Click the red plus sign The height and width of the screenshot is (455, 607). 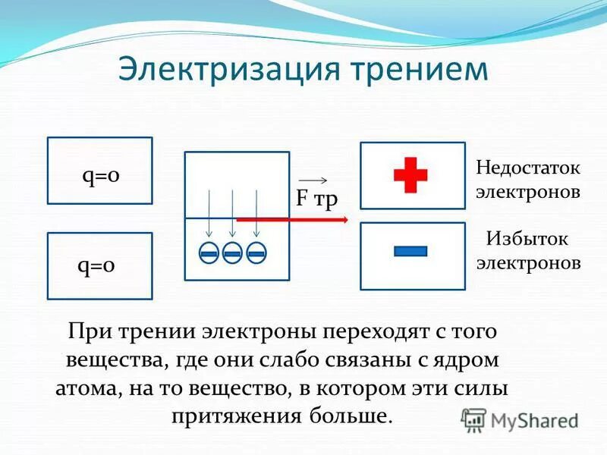pyautogui.click(x=410, y=175)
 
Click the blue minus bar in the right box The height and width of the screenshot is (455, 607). pyautogui.click(x=410, y=251)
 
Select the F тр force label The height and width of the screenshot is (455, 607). pyautogui.click(x=316, y=199)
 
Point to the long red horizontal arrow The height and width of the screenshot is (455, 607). pyautogui.click(x=292, y=219)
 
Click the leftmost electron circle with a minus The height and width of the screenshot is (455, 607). pyautogui.click(x=210, y=253)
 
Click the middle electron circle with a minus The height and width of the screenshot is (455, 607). pyautogui.click(x=233, y=253)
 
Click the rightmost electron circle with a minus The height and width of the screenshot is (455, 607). pyautogui.click(x=256, y=253)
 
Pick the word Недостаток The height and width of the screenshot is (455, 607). pyautogui.click(x=527, y=166)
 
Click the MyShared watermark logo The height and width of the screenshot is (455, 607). pyautogui.click(x=521, y=419)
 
